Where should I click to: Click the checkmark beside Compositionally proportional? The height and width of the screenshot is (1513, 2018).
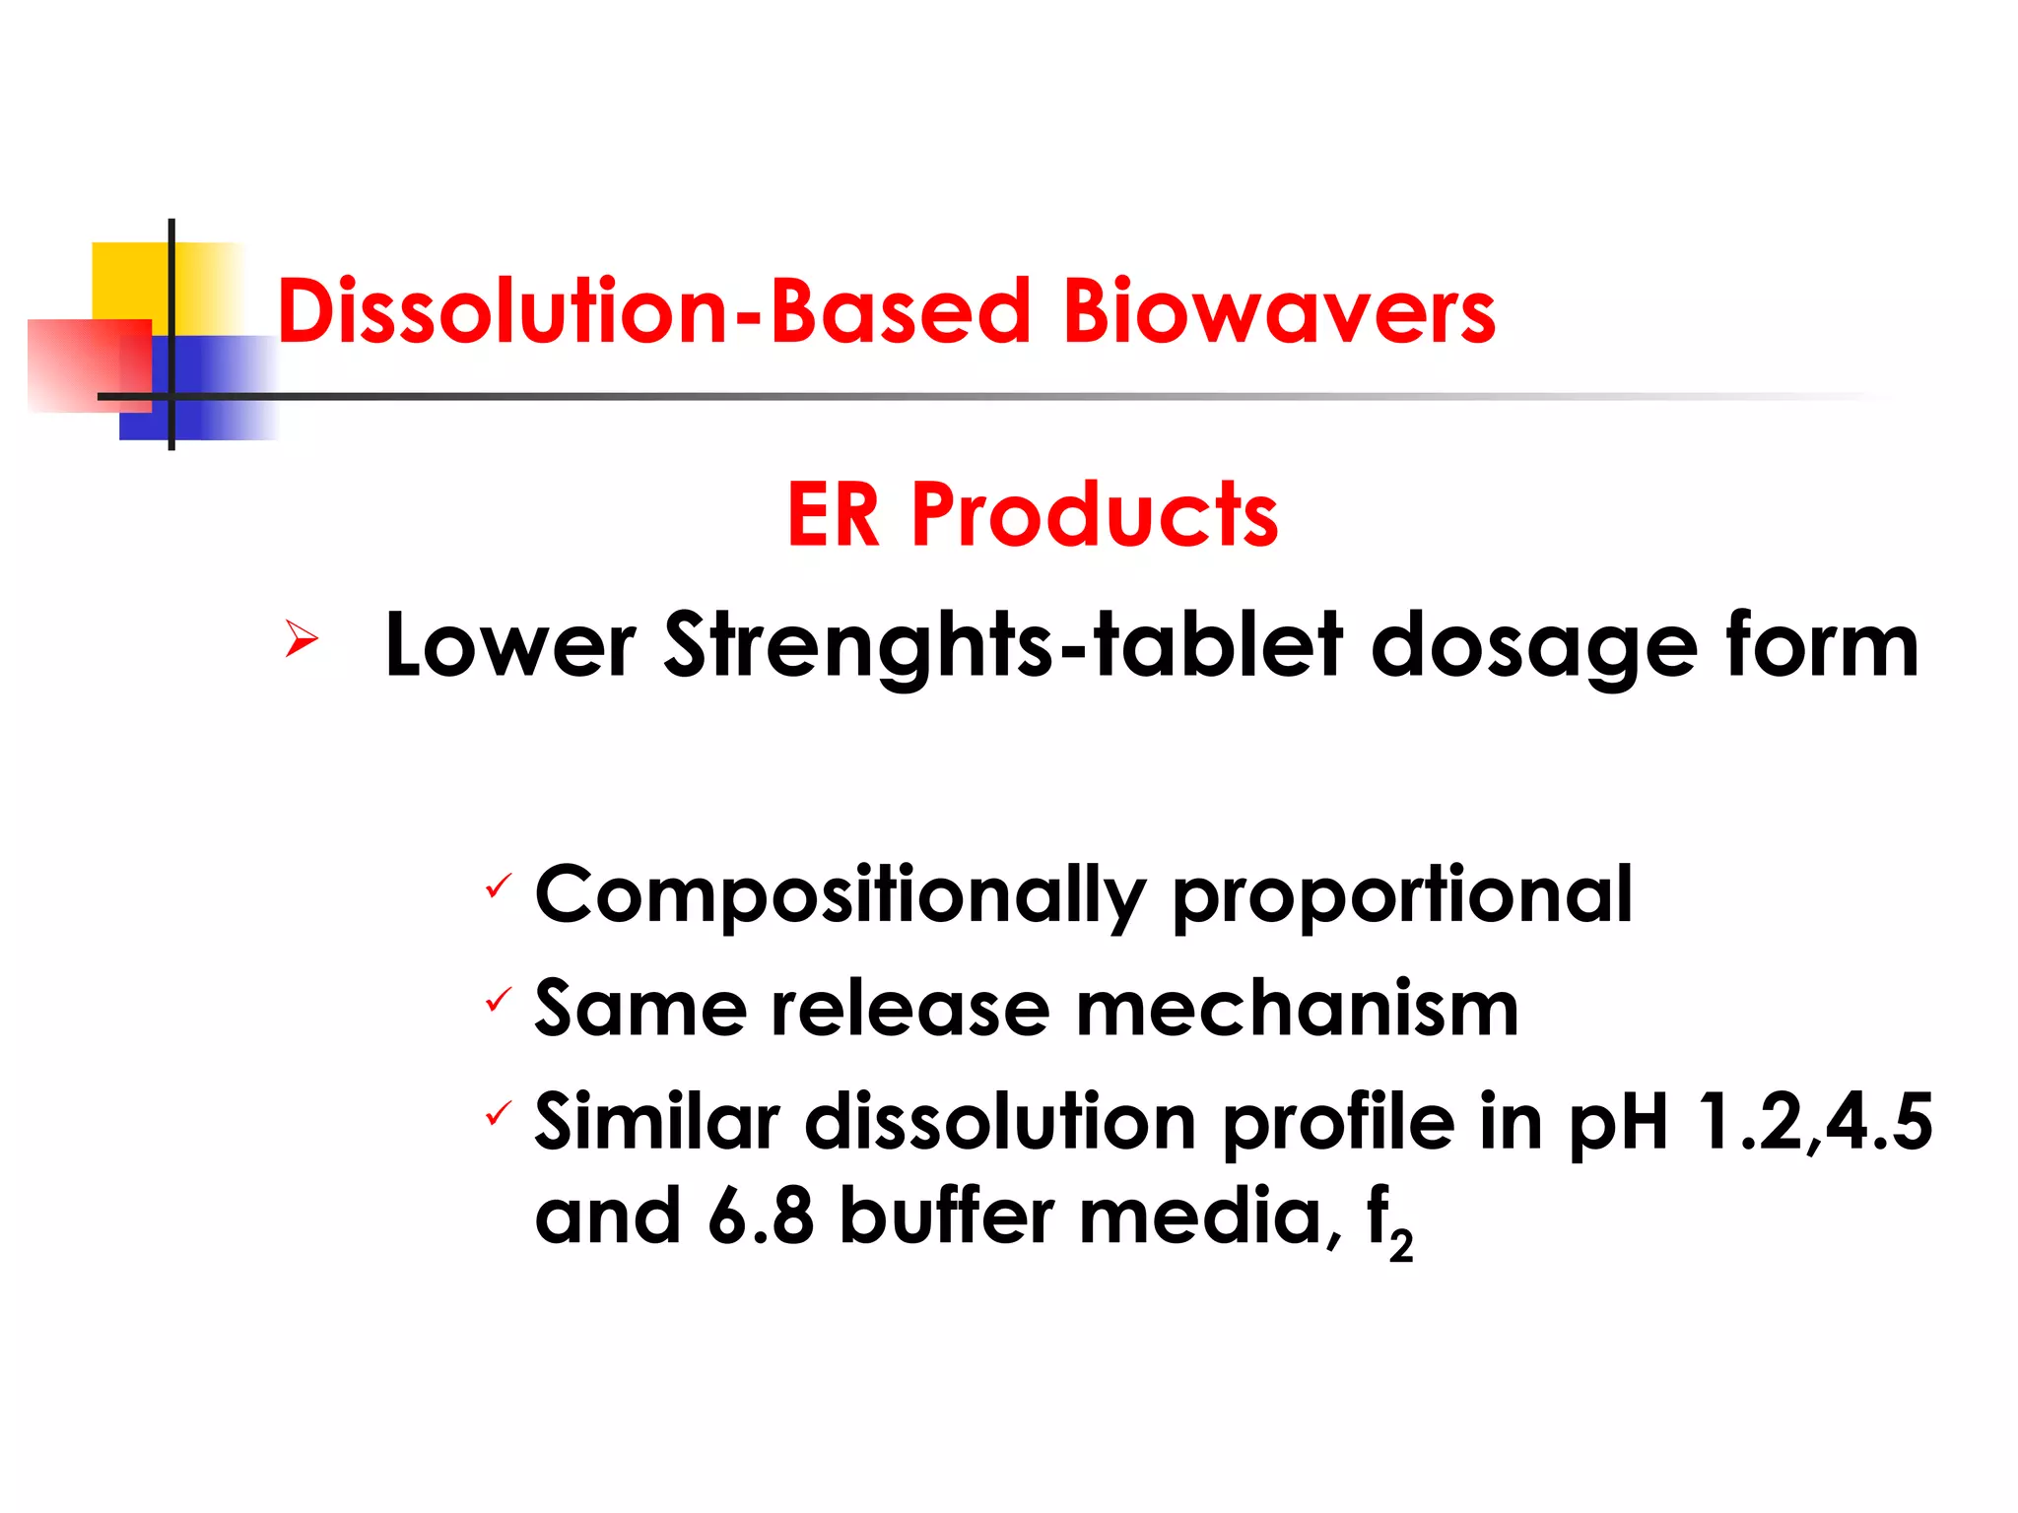pyautogui.click(x=499, y=887)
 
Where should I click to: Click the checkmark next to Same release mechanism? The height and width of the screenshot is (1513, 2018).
pyautogui.click(x=499, y=1001)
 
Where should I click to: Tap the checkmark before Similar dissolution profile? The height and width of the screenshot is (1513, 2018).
pyautogui.click(x=499, y=1114)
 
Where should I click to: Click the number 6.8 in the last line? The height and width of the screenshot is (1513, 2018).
pyautogui.click(x=761, y=1216)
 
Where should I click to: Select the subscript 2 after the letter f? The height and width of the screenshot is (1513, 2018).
pyautogui.click(x=1401, y=1246)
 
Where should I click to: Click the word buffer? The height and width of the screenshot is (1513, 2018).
pyautogui.click(x=946, y=1216)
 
